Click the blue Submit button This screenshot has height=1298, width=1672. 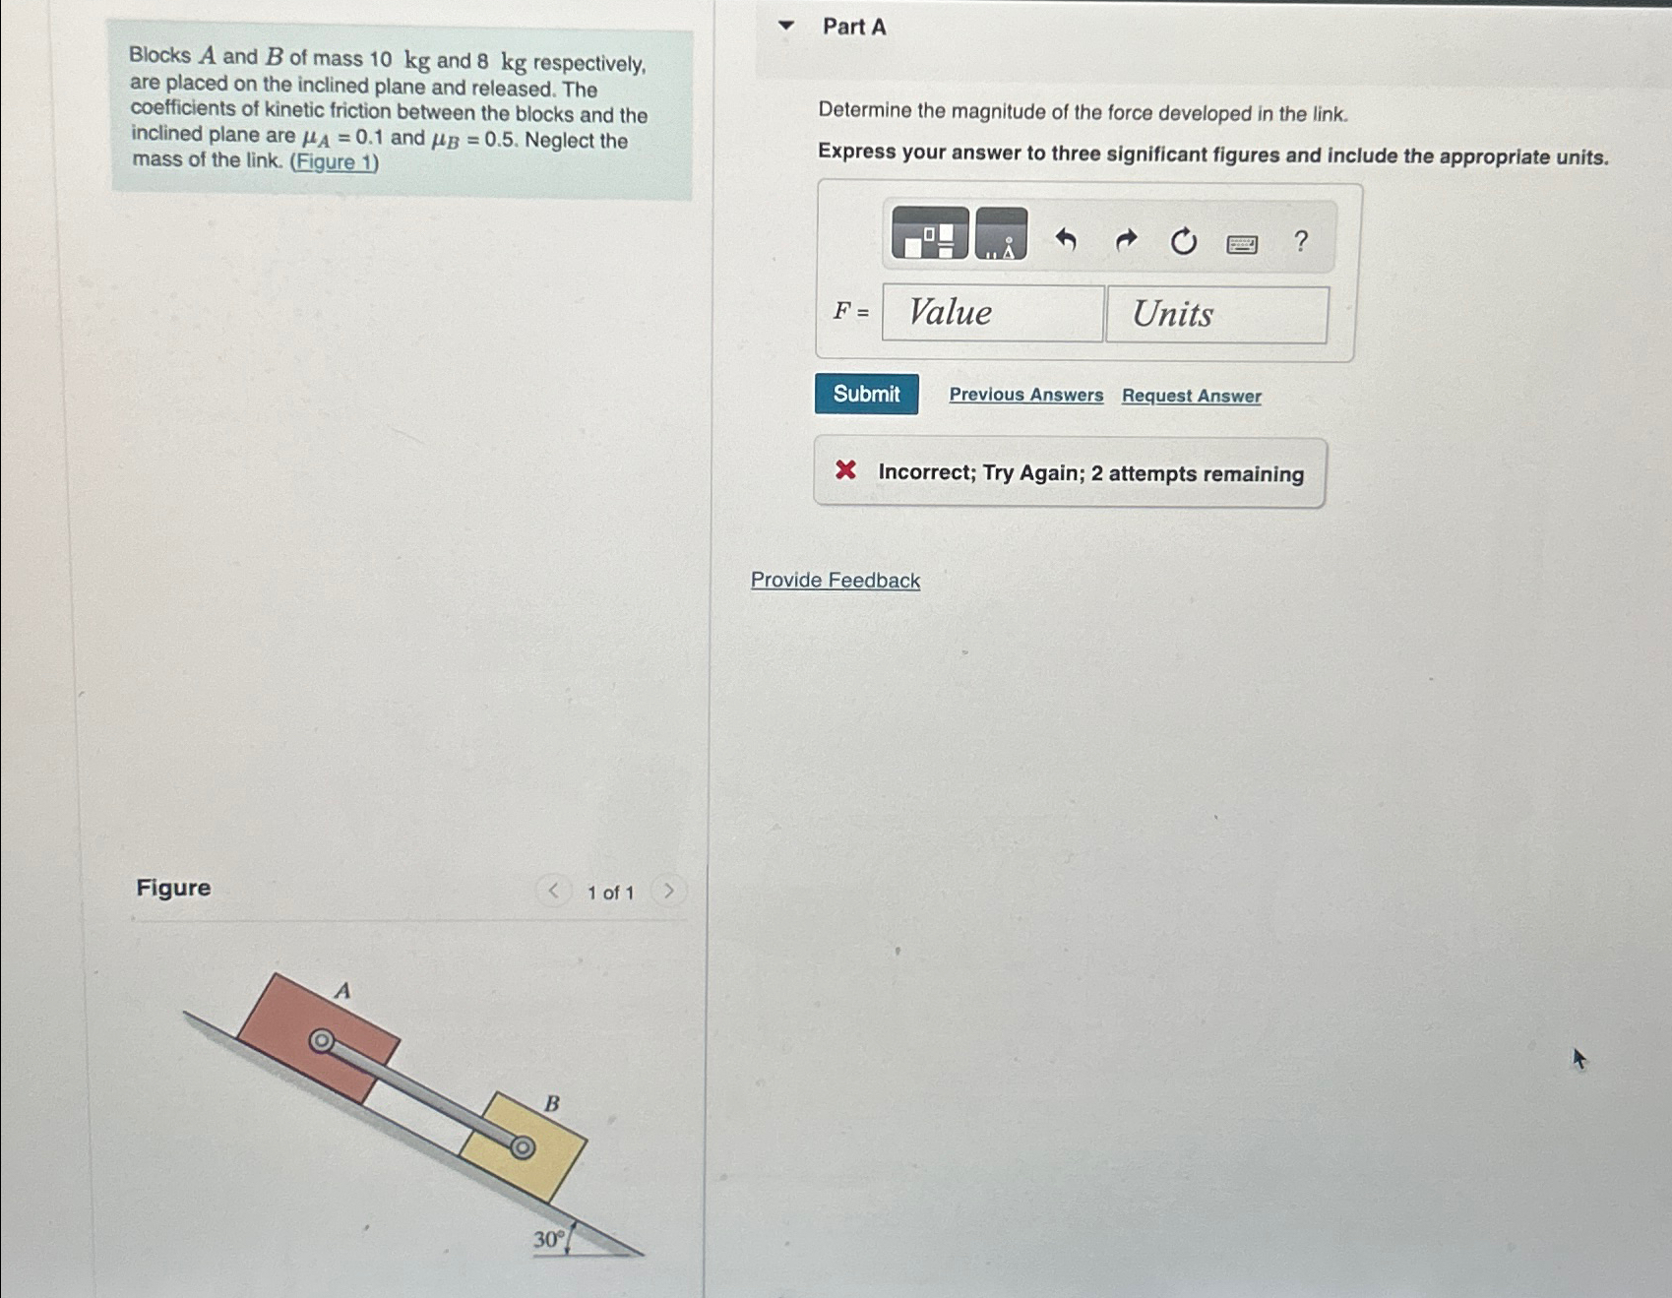coord(866,394)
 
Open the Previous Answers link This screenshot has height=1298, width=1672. coord(1025,395)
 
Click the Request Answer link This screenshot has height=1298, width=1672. coord(1191,396)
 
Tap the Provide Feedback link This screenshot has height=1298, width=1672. coord(835,581)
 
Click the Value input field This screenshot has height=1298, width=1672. coord(992,313)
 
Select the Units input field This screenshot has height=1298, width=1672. coord(1216,315)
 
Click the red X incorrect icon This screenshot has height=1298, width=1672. coord(845,470)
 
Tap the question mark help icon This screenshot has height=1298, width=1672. coord(1300,241)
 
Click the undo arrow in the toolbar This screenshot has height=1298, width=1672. coord(1065,239)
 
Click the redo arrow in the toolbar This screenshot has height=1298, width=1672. coord(1125,240)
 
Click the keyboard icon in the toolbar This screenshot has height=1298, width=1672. coord(1241,243)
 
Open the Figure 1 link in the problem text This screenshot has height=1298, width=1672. coord(334,162)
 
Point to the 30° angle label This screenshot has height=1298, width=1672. coord(547,1240)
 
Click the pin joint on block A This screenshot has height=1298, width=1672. coord(321,1041)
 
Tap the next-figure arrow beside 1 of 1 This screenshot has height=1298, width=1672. coord(668,892)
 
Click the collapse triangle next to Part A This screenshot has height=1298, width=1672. coord(785,26)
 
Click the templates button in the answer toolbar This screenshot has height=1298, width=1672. coord(929,234)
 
